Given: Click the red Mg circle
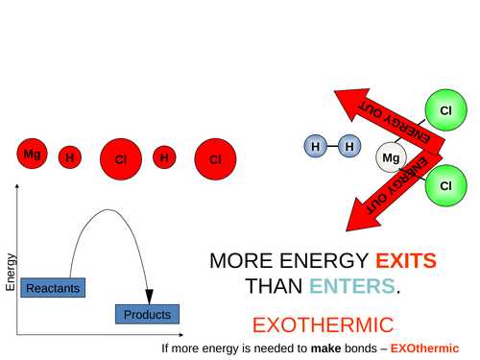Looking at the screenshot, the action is point(33,155).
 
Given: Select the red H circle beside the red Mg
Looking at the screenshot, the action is point(70,157).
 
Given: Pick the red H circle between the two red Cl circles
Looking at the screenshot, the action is point(165,157).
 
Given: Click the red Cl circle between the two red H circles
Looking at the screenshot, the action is point(120,159).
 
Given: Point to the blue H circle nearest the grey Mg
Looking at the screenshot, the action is point(349,147).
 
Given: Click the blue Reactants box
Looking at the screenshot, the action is point(52,287).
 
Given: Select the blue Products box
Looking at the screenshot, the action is point(147,314).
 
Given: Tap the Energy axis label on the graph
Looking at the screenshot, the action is point(11,272).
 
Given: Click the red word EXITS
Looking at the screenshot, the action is point(406,260).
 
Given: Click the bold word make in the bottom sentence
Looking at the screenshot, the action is point(326,348).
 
